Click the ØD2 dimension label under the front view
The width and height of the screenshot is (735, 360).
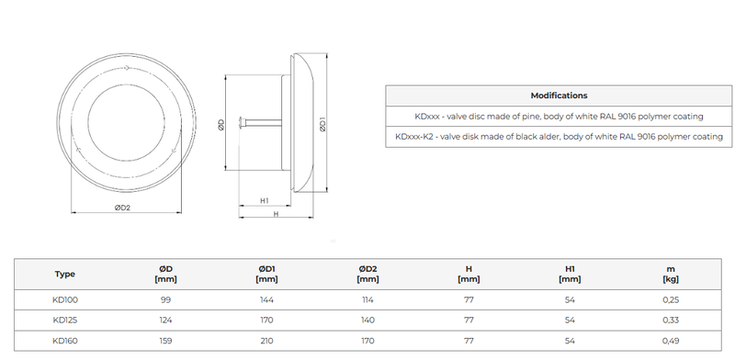point(122,208)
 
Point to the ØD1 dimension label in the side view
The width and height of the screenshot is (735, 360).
point(322,124)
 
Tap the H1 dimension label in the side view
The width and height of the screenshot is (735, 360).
point(265,200)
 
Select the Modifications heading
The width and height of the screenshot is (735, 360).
point(559,96)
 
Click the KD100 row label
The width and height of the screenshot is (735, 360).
point(65,300)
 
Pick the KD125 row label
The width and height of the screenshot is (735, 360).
point(65,321)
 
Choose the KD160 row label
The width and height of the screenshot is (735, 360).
point(65,341)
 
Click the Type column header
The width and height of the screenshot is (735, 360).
point(64,275)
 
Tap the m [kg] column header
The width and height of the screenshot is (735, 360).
point(671,275)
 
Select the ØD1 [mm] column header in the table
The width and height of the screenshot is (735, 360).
point(266,275)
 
